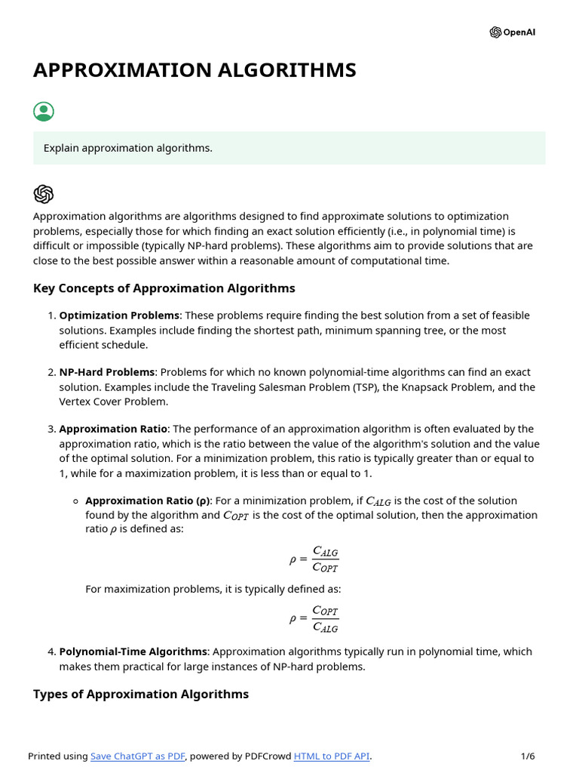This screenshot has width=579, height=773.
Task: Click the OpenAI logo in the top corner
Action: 513,32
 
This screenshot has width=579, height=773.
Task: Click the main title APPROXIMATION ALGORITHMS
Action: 195,70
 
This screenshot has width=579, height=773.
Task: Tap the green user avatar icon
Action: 44,112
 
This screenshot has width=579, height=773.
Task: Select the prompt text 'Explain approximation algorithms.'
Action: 128,148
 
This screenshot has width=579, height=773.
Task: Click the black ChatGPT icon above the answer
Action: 44,194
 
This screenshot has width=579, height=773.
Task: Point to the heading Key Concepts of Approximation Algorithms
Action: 164,288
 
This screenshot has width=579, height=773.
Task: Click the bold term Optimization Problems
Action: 120,316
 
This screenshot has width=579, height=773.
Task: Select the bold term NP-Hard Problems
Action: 107,372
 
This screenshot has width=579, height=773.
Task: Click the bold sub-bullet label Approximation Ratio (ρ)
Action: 148,500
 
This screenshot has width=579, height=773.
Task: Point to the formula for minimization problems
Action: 314,560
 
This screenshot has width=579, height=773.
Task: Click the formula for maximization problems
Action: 314,619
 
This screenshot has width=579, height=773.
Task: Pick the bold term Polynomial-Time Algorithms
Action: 133,651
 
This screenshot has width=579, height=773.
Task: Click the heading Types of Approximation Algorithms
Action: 141,694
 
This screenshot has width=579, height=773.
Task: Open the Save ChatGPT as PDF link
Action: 138,756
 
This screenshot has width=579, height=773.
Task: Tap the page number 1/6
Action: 528,756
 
